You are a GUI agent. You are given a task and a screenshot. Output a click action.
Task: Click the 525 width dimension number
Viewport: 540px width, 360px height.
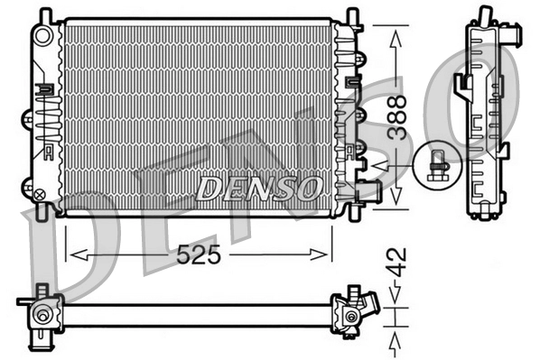(x=200, y=255)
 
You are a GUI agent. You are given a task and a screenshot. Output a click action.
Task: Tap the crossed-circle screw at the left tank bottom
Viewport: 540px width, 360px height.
(x=39, y=192)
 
